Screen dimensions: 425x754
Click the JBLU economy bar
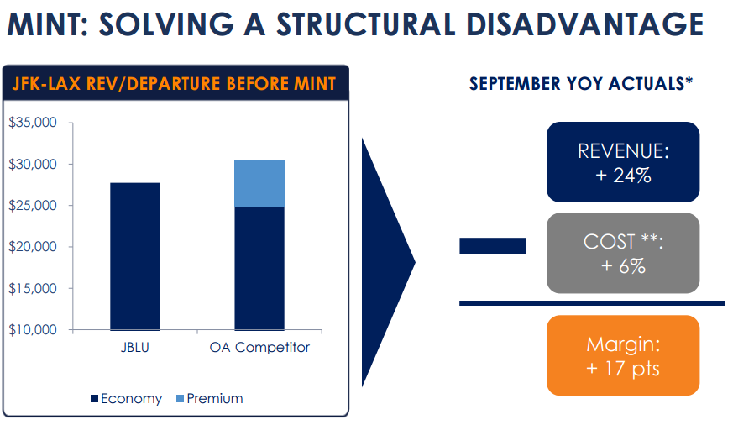click(134, 256)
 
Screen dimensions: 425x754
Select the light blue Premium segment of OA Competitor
click(259, 183)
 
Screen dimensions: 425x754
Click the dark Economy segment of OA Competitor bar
click(259, 268)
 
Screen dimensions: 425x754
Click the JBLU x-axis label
click(134, 348)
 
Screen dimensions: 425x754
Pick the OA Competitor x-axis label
click(259, 348)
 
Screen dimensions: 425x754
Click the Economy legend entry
click(126, 399)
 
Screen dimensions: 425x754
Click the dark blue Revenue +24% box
click(622, 162)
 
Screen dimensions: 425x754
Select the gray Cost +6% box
click(622, 253)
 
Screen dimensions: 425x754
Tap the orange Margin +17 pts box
click(622, 355)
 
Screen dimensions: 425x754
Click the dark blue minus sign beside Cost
click(492, 246)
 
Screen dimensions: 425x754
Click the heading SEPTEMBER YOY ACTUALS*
click(580, 85)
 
